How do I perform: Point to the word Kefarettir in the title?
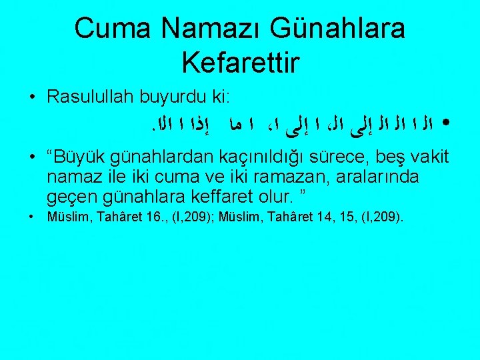click(240, 63)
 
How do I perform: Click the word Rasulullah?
click(91, 97)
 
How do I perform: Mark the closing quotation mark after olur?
click(304, 195)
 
